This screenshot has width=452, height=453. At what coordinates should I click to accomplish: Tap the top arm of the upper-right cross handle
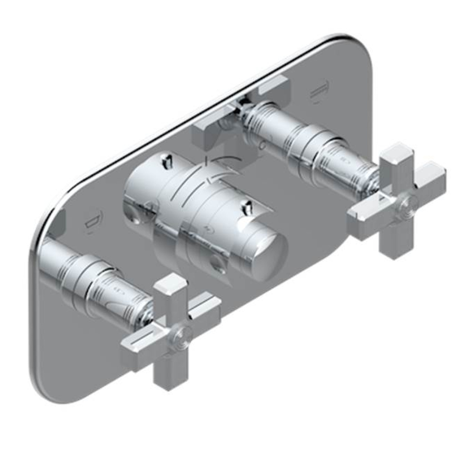pos(392,161)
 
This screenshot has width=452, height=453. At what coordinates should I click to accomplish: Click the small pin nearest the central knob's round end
pos(247,207)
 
